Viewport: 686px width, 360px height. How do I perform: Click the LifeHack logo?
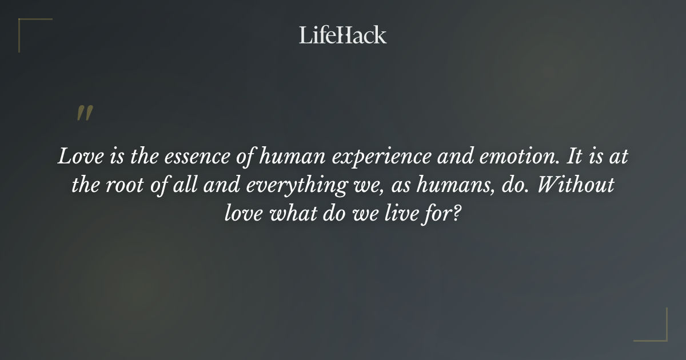pyautogui.click(x=342, y=35)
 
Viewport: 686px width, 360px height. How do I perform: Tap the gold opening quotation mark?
pyautogui.click(x=85, y=113)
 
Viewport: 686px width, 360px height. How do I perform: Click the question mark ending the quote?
pyautogui.click(x=457, y=214)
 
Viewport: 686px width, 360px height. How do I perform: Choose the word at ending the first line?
pyautogui.click(x=619, y=157)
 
